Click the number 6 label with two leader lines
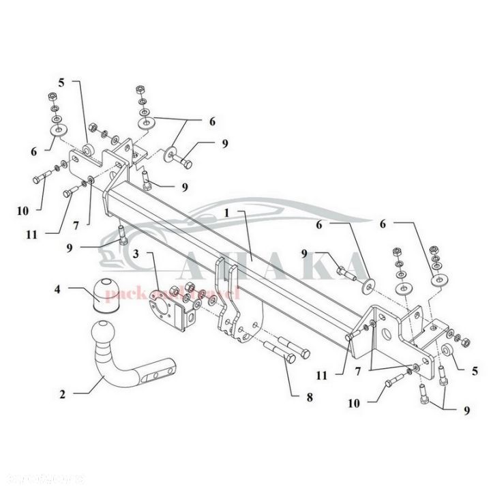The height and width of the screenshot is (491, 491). (212, 121)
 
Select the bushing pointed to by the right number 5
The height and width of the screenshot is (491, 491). (447, 350)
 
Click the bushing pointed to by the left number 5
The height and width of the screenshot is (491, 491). (89, 149)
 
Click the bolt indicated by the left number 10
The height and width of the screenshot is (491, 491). (42, 179)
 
